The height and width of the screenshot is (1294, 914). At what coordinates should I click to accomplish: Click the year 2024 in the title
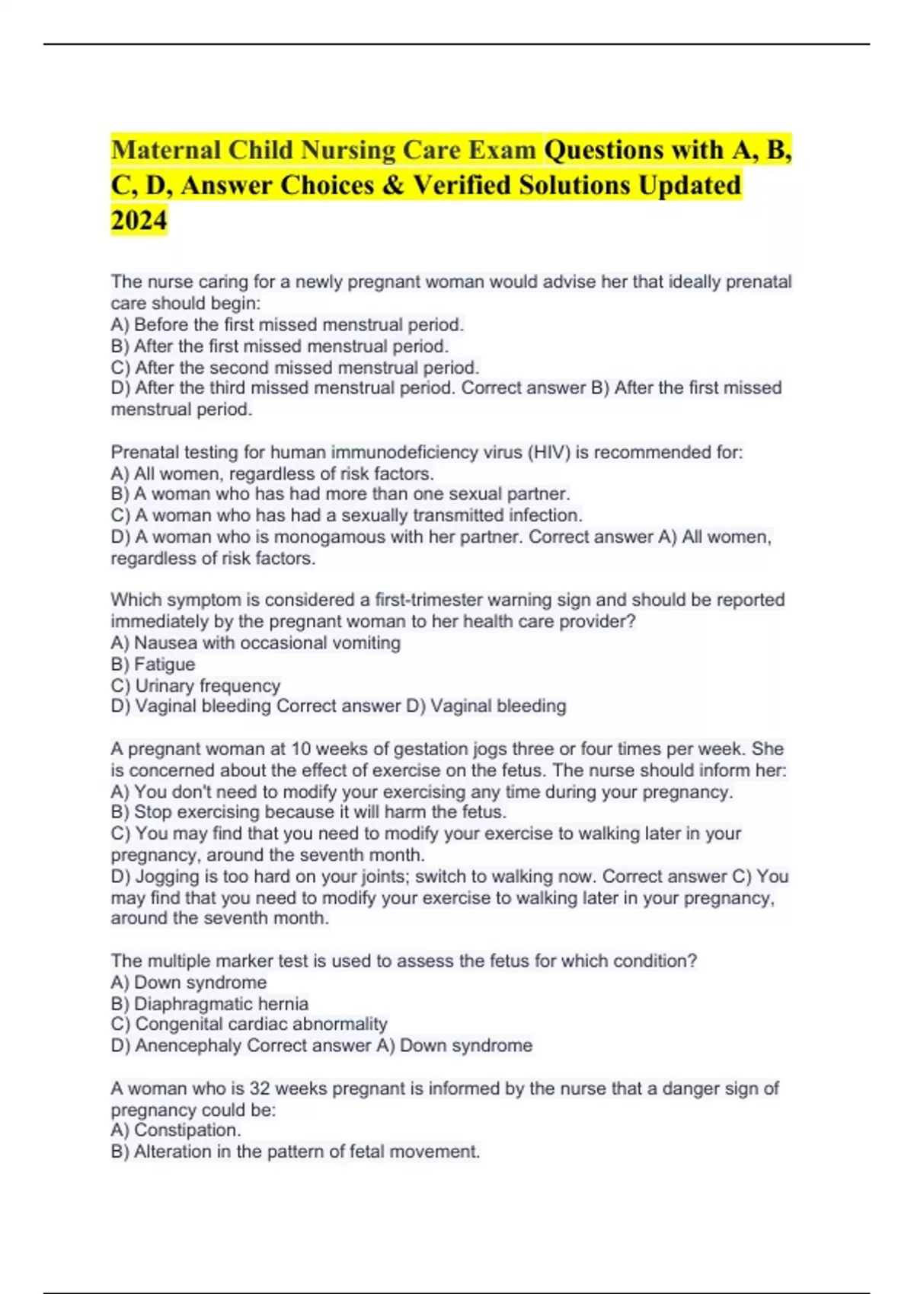tap(139, 220)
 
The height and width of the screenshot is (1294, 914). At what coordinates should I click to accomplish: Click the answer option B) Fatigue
tap(153, 665)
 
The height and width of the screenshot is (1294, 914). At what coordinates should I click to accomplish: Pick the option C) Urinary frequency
tap(196, 686)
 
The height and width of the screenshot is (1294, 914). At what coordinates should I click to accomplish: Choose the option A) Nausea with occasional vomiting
tap(255, 643)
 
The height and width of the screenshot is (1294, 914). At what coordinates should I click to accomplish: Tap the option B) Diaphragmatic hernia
tap(209, 1004)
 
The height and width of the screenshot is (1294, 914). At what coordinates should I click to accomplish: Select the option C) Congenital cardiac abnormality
tap(249, 1025)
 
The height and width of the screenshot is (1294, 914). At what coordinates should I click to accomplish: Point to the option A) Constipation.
tap(176, 1130)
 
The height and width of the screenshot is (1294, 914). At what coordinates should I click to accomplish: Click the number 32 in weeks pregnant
tap(260, 1088)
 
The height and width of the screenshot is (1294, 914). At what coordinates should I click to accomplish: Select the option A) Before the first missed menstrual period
tap(287, 325)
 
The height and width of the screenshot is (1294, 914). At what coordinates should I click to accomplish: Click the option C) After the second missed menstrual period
tap(295, 368)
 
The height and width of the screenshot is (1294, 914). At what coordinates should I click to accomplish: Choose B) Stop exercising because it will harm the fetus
tap(308, 812)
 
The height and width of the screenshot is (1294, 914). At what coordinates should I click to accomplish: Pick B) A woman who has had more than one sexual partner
tap(340, 494)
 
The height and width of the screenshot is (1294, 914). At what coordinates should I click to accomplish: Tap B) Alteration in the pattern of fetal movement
tap(296, 1152)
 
